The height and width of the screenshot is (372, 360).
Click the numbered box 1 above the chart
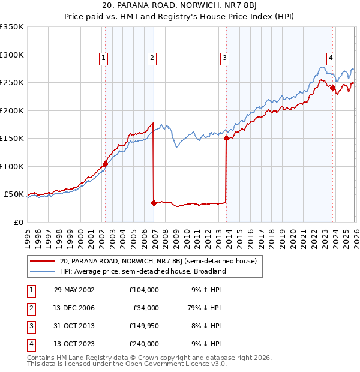pos(104,58)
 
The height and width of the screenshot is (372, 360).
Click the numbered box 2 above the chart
pos(152,58)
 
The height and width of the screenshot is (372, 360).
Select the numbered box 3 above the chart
pos(224,58)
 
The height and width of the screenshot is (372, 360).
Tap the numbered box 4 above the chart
pos(331,58)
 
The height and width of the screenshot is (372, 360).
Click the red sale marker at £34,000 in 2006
pos(154,203)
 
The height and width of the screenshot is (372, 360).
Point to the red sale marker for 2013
pos(226,138)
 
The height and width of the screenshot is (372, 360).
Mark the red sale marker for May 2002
pos(105,164)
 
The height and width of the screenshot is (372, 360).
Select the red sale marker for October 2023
pos(332,88)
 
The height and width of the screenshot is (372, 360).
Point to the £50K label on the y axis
pos(14,194)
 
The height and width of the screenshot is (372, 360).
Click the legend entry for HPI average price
pos(142,271)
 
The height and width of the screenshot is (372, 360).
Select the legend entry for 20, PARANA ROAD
pos(158,261)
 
